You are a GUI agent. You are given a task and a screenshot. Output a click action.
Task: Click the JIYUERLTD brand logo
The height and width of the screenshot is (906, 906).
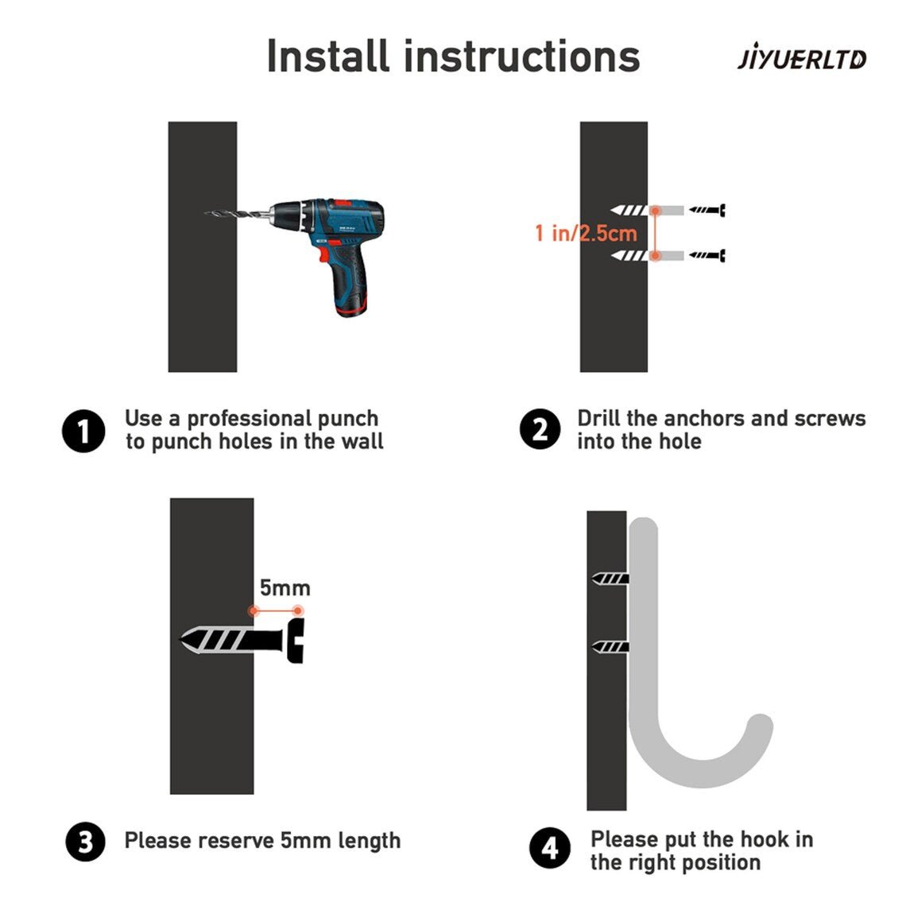click(x=802, y=59)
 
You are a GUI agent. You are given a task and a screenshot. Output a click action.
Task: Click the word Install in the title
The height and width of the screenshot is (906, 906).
click(x=327, y=56)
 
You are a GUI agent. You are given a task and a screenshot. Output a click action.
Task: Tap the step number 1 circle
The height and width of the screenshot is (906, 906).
click(x=83, y=431)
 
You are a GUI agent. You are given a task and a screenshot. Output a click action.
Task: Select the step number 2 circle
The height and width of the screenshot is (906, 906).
click(x=540, y=430)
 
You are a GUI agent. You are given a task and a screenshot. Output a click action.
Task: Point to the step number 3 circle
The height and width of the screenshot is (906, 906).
click(x=86, y=842)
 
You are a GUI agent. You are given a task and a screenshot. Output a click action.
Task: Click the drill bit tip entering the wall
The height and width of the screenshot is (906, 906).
click(x=206, y=213)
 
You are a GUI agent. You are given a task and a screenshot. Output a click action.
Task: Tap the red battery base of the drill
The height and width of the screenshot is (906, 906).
click(x=351, y=311)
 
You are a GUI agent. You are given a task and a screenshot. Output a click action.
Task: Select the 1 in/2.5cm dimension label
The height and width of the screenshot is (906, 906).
click(x=586, y=233)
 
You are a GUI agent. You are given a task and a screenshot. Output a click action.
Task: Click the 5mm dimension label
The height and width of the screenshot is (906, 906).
click(x=285, y=587)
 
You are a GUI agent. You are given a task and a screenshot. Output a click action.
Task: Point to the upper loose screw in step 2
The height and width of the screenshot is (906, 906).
click(x=707, y=210)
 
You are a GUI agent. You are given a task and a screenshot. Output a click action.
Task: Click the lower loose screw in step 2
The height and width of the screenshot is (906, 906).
click(x=707, y=255)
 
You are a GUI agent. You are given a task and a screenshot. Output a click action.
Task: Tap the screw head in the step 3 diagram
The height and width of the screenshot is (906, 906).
click(x=296, y=641)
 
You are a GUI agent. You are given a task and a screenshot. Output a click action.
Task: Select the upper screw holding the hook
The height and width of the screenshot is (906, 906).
click(x=610, y=578)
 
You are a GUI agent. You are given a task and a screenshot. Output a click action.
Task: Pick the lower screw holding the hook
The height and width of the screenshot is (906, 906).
click(x=610, y=647)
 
